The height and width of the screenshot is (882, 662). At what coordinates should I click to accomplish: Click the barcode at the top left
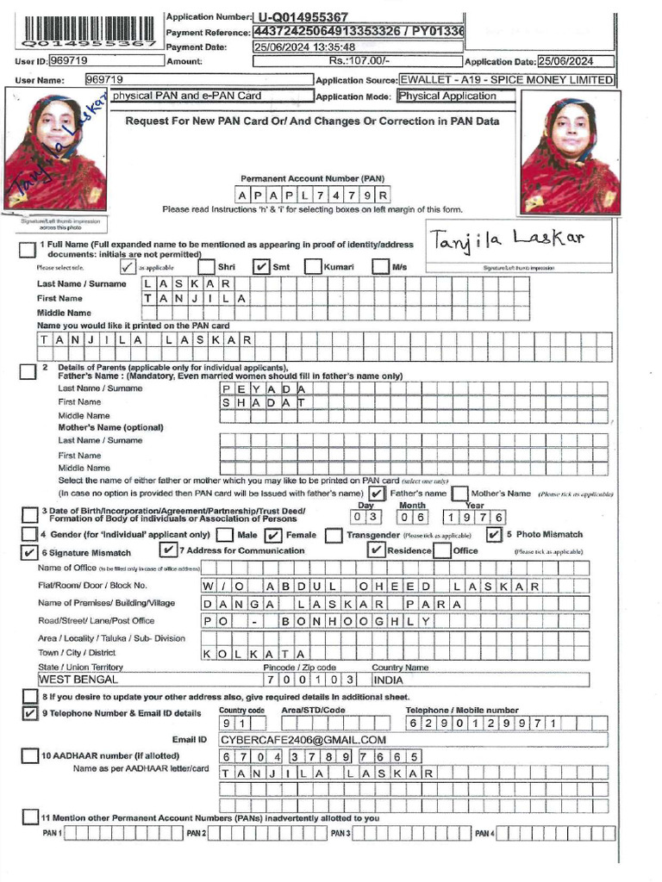click(86, 31)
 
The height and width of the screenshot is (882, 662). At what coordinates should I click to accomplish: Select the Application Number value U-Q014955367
click(303, 17)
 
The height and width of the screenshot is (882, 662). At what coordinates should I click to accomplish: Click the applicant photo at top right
click(570, 152)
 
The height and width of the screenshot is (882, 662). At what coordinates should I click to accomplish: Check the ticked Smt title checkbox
click(260, 267)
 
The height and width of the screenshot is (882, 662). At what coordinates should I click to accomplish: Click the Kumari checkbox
click(313, 267)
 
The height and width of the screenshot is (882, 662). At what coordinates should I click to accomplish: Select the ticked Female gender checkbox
click(274, 535)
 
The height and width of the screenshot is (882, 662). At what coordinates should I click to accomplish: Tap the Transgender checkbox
click(334, 535)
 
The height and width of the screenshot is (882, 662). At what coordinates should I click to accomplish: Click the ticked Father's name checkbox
click(377, 494)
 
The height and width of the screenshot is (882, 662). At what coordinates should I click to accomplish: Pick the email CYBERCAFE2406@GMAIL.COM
click(302, 740)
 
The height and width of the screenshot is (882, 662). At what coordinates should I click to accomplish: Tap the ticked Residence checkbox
click(376, 551)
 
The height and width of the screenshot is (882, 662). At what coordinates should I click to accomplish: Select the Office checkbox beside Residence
click(441, 551)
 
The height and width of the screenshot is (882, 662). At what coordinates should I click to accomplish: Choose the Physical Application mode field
click(457, 96)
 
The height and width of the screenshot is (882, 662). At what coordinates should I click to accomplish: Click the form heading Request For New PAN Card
click(312, 121)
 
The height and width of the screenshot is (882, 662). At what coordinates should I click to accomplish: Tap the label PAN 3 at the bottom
click(340, 834)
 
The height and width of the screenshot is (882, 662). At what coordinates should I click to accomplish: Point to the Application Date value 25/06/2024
click(575, 62)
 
